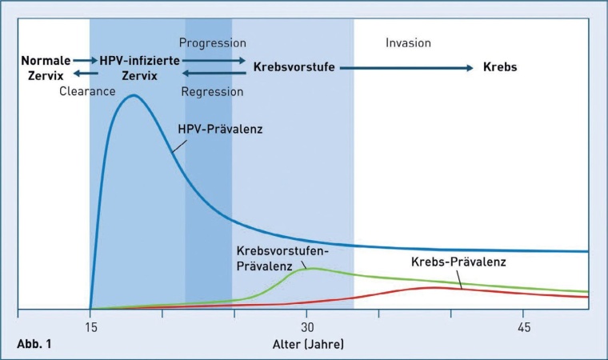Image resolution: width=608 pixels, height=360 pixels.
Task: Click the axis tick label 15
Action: click(90, 329)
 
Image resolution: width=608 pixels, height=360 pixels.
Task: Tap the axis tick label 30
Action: click(307, 329)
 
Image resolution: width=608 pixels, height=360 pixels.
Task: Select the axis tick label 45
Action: click(524, 329)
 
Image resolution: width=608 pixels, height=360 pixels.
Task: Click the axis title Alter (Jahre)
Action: click(307, 345)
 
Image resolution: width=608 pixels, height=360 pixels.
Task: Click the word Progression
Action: click(212, 42)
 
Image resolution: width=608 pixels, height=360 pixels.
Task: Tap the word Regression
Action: click(212, 91)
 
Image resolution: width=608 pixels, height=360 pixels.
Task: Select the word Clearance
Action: click(88, 91)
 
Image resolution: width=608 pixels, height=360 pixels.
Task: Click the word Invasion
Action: click(408, 42)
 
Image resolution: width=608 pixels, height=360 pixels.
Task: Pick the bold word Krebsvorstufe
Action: click(294, 67)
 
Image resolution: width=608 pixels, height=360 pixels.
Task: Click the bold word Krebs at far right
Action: click(500, 67)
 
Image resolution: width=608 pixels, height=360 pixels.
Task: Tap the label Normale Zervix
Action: click(46, 67)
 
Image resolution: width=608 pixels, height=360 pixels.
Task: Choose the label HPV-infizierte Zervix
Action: click(139, 67)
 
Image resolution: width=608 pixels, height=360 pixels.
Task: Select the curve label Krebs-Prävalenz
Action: click(459, 262)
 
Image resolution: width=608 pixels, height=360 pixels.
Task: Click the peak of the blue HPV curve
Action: click(133, 95)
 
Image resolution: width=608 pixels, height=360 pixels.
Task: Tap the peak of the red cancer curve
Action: click(433, 287)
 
